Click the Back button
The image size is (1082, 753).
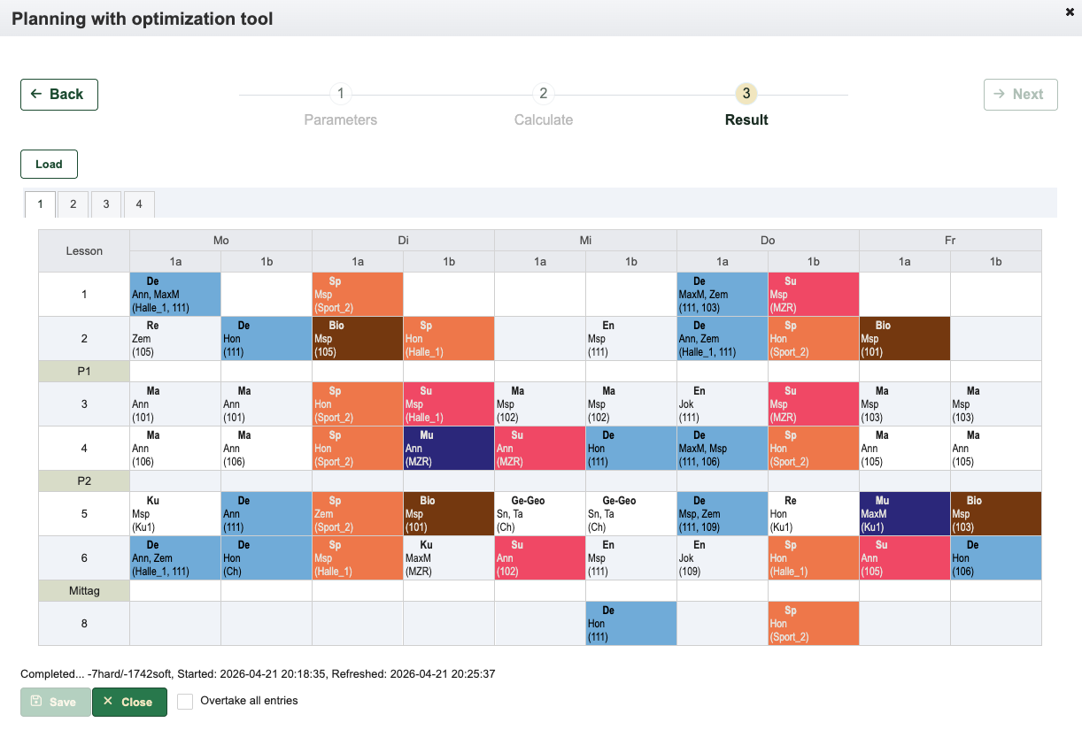click(59, 95)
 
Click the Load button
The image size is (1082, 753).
click(49, 164)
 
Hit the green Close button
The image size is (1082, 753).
click(129, 702)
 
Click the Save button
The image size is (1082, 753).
click(55, 702)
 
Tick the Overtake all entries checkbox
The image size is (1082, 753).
click(185, 702)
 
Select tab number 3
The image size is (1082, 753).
click(105, 204)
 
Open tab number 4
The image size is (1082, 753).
click(139, 204)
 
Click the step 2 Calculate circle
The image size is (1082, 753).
click(544, 94)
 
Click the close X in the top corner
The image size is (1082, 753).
click(1070, 12)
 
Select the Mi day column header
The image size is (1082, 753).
click(585, 241)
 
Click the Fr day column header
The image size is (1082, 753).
click(950, 241)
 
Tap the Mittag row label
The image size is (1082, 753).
click(84, 591)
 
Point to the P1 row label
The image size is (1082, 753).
click(84, 371)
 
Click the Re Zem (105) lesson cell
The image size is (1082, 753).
click(175, 338)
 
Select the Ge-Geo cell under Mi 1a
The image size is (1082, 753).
click(540, 513)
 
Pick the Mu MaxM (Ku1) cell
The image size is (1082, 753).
click(905, 513)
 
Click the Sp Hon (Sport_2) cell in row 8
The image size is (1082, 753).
click(814, 623)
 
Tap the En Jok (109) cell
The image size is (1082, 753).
click(723, 558)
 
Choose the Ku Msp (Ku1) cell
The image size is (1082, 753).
click(175, 513)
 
